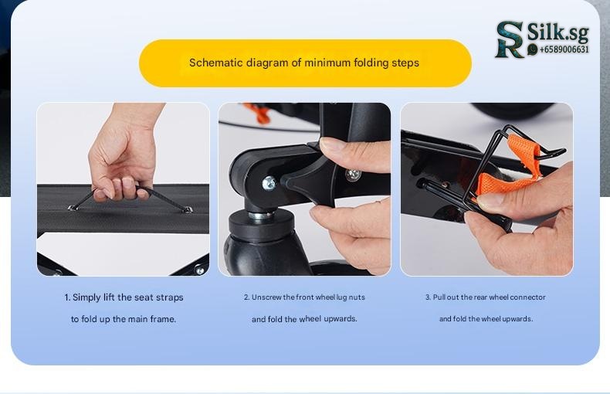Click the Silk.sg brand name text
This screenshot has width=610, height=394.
557,32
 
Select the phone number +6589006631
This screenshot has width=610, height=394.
564,49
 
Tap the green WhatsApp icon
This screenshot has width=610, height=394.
532,49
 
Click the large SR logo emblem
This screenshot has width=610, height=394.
510,39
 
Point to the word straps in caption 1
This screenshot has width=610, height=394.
170,297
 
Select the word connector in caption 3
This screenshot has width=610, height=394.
527,297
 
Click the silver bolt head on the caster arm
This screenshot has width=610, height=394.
269,183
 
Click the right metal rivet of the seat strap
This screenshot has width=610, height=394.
188,209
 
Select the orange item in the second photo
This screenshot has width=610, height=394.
258,112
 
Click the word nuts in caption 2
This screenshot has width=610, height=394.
357,297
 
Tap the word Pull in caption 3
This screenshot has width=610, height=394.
439,297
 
